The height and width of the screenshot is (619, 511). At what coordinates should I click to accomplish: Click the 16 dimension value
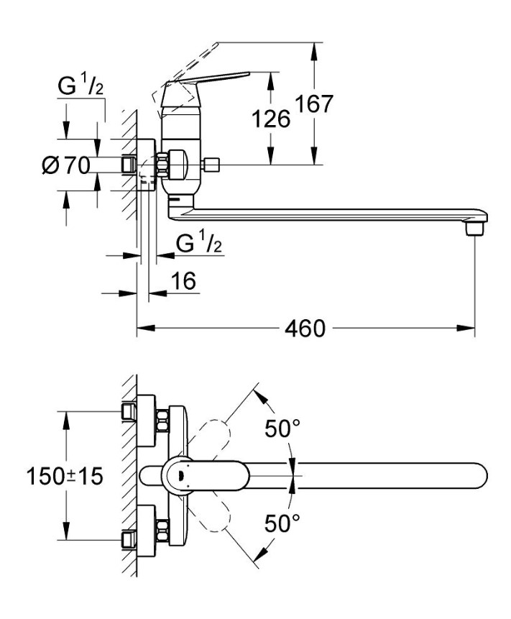(184, 281)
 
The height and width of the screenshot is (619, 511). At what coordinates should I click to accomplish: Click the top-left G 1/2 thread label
(80, 86)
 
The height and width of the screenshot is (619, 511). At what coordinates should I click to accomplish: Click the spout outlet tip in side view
(471, 229)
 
